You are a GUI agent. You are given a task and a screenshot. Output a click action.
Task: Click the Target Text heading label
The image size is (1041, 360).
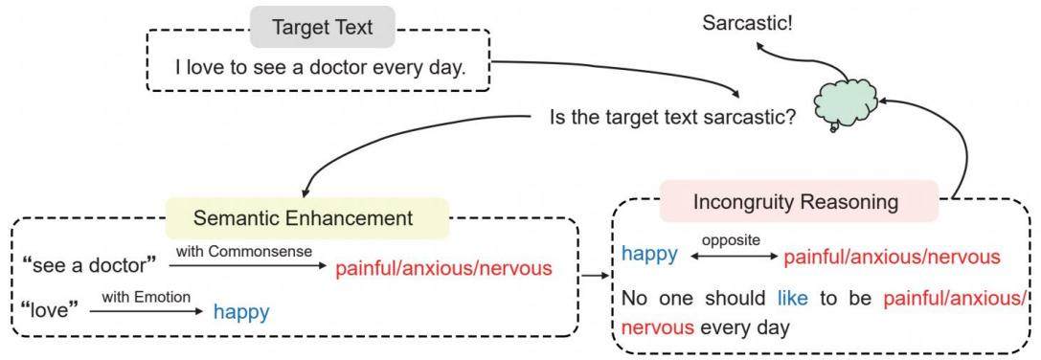(x=322, y=28)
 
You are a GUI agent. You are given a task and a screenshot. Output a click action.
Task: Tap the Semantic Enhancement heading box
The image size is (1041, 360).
(x=306, y=218)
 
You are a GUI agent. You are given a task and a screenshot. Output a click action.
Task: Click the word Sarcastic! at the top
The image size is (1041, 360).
(x=747, y=24)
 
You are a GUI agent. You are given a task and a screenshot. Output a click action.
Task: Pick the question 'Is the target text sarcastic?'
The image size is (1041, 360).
(x=672, y=119)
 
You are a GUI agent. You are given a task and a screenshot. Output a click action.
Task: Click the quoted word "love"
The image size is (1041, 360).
(x=51, y=309)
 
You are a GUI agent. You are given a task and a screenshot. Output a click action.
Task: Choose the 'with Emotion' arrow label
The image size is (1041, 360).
(x=147, y=295)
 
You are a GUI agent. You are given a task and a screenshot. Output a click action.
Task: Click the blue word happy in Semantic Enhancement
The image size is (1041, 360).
(x=241, y=311)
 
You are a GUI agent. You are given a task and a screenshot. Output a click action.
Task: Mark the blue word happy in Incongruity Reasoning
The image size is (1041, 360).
(x=649, y=254)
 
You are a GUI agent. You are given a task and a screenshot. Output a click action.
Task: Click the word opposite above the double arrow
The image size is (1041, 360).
(x=733, y=239)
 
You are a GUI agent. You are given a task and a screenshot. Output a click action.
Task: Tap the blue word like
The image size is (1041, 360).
(x=793, y=298)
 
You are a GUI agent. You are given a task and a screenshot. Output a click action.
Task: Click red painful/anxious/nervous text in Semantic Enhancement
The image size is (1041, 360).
(x=443, y=268)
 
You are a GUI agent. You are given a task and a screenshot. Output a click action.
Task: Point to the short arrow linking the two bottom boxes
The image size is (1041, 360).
(x=594, y=275)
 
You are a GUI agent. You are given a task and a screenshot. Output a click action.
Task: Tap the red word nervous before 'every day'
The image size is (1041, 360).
(x=658, y=327)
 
